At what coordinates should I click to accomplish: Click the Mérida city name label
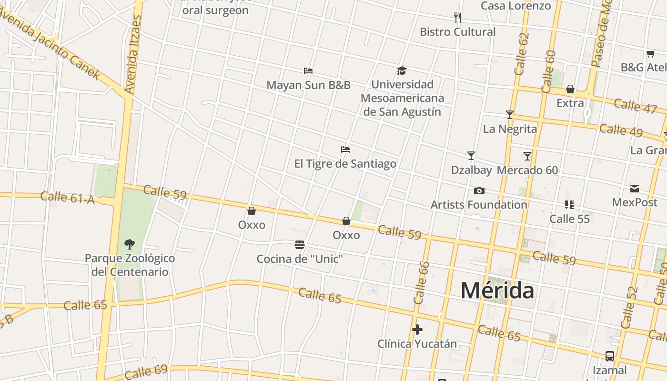pyautogui.click(x=497, y=291)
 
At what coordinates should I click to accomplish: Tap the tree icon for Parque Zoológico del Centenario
pyautogui.click(x=129, y=244)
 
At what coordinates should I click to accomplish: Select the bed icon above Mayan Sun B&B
pyautogui.click(x=308, y=71)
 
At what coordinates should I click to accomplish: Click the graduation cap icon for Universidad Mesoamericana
pyautogui.click(x=402, y=71)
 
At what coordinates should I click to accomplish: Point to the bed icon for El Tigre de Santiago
pyautogui.click(x=345, y=150)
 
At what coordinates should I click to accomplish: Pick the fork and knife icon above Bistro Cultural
pyautogui.click(x=458, y=18)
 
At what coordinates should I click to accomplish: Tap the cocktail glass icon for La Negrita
pyautogui.click(x=510, y=115)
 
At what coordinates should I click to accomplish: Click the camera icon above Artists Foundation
pyautogui.click(x=479, y=191)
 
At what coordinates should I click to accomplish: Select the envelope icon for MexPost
pyautogui.click(x=635, y=189)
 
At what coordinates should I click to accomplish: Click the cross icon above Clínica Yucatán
pyautogui.click(x=417, y=330)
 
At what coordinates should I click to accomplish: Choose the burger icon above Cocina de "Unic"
pyautogui.click(x=300, y=245)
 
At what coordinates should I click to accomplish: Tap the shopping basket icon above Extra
pyautogui.click(x=570, y=90)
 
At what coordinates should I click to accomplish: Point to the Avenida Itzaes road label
pyautogui.click(x=133, y=55)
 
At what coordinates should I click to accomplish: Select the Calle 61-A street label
pyautogui.click(x=68, y=198)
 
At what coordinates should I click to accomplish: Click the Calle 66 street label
pyautogui.click(x=422, y=283)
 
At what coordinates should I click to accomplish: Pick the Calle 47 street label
pyautogui.click(x=635, y=106)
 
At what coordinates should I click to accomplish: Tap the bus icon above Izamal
pyautogui.click(x=610, y=356)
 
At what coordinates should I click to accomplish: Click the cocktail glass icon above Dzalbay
pyautogui.click(x=471, y=156)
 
